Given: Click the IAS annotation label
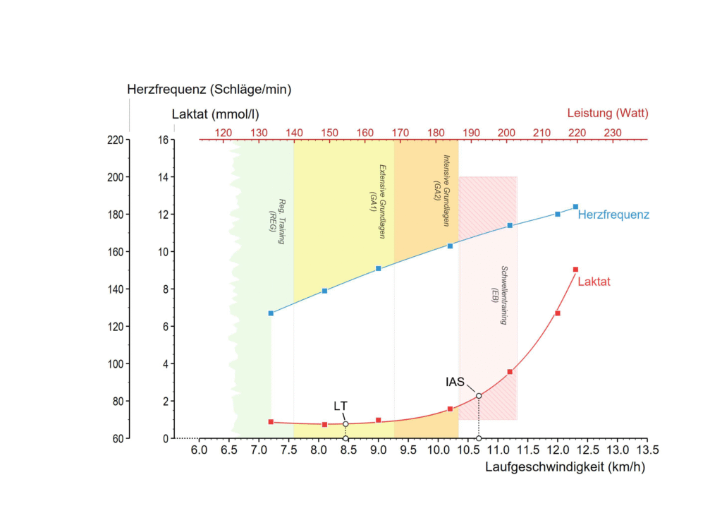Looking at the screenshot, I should point(455,382).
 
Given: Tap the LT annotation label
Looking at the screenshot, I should point(341,406).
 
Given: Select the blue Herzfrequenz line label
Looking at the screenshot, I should point(613,215).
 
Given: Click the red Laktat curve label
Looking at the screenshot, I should point(594,282).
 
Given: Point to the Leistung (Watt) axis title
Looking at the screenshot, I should point(608,113).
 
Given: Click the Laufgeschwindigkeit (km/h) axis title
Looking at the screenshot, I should point(565,466).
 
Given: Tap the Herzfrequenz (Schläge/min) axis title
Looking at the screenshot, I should point(209,90).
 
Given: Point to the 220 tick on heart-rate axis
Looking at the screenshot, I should point(114,140).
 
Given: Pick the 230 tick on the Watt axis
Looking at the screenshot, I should point(613,132).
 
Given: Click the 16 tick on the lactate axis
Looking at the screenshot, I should point(163,140).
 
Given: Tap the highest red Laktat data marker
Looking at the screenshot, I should point(575,270).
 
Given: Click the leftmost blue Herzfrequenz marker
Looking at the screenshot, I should point(271,313).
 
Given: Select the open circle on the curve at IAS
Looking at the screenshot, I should point(479,396).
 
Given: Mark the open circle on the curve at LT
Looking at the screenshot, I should point(345,424).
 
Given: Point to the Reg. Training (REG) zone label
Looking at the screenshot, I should point(276,221).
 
